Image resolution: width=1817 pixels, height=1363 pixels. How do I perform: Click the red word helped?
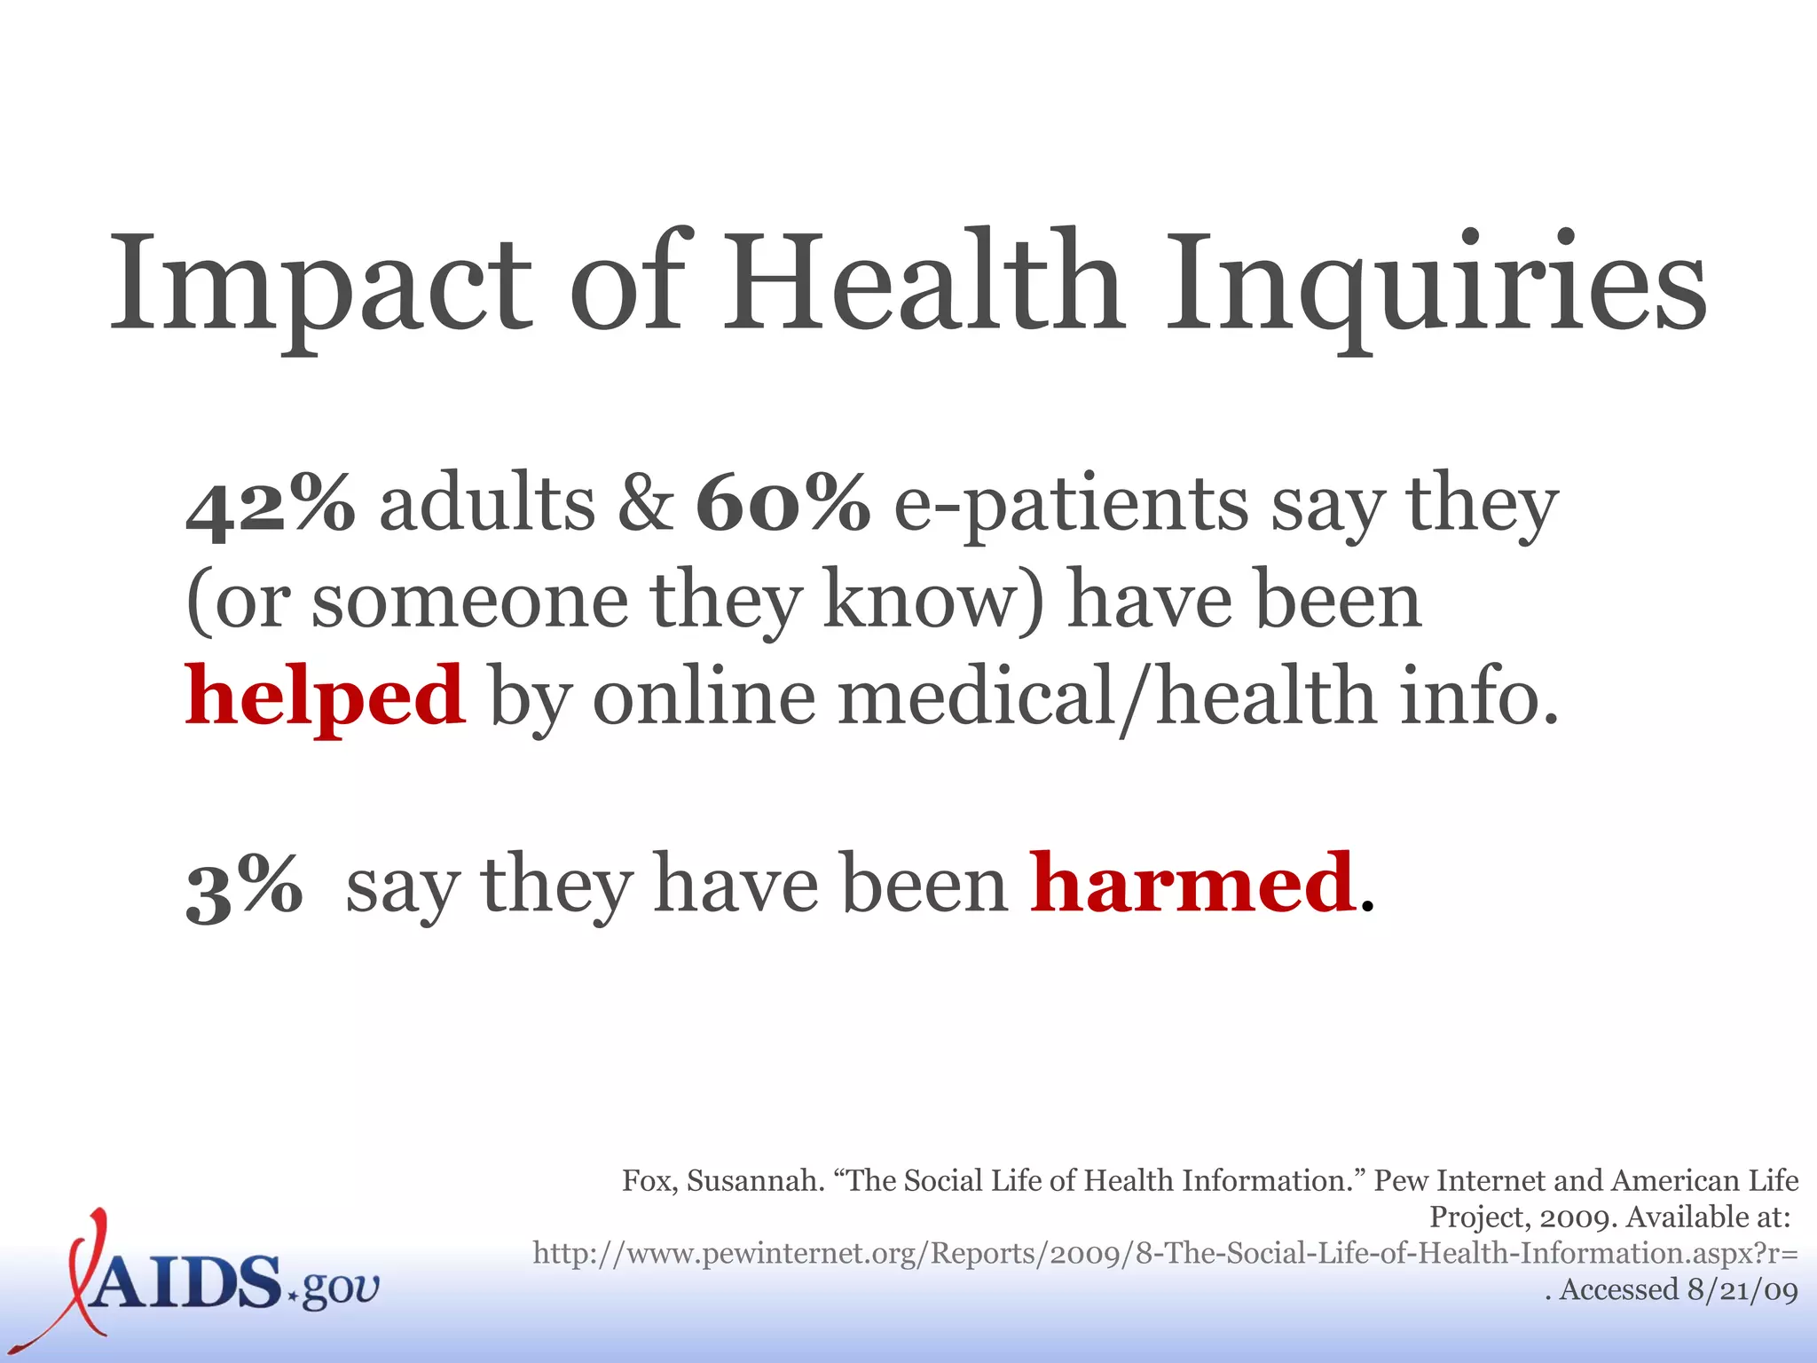point(325,697)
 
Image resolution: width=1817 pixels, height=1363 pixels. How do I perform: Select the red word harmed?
point(1192,884)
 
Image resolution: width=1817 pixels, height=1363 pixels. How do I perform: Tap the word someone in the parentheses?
point(470,602)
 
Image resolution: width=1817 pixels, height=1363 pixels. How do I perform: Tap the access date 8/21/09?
point(1742,1289)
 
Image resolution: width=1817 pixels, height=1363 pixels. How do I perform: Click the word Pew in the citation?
point(1401,1181)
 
